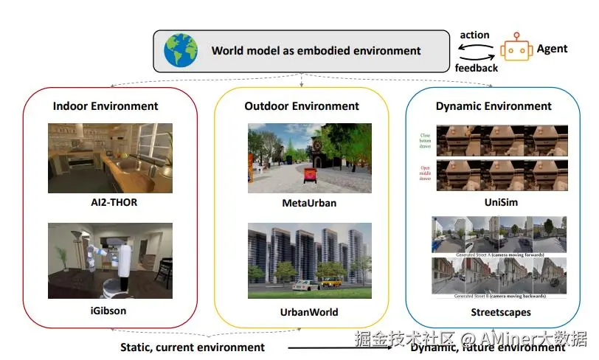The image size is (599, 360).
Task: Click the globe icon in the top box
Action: [x=179, y=50]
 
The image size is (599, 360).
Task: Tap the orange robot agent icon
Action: [x=516, y=49]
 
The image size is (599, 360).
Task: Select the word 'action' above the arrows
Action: [x=474, y=35]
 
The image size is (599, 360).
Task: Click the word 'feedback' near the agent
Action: [x=476, y=68]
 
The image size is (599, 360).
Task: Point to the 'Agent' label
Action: [x=552, y=49]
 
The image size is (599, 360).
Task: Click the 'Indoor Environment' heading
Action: [x=105, y=106]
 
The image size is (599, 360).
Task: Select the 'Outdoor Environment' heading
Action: [x=302, y=106]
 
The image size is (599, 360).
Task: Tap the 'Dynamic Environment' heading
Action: [x=494, y=106]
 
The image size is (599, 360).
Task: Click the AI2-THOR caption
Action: [x=111, y=201]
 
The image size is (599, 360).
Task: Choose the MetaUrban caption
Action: [x=303, y=203]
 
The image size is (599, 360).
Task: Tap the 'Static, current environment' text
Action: [x=193, y=347]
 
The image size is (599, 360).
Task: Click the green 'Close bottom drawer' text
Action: [x=425, y=140]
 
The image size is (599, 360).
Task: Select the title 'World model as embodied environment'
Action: [x=316, y=51]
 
